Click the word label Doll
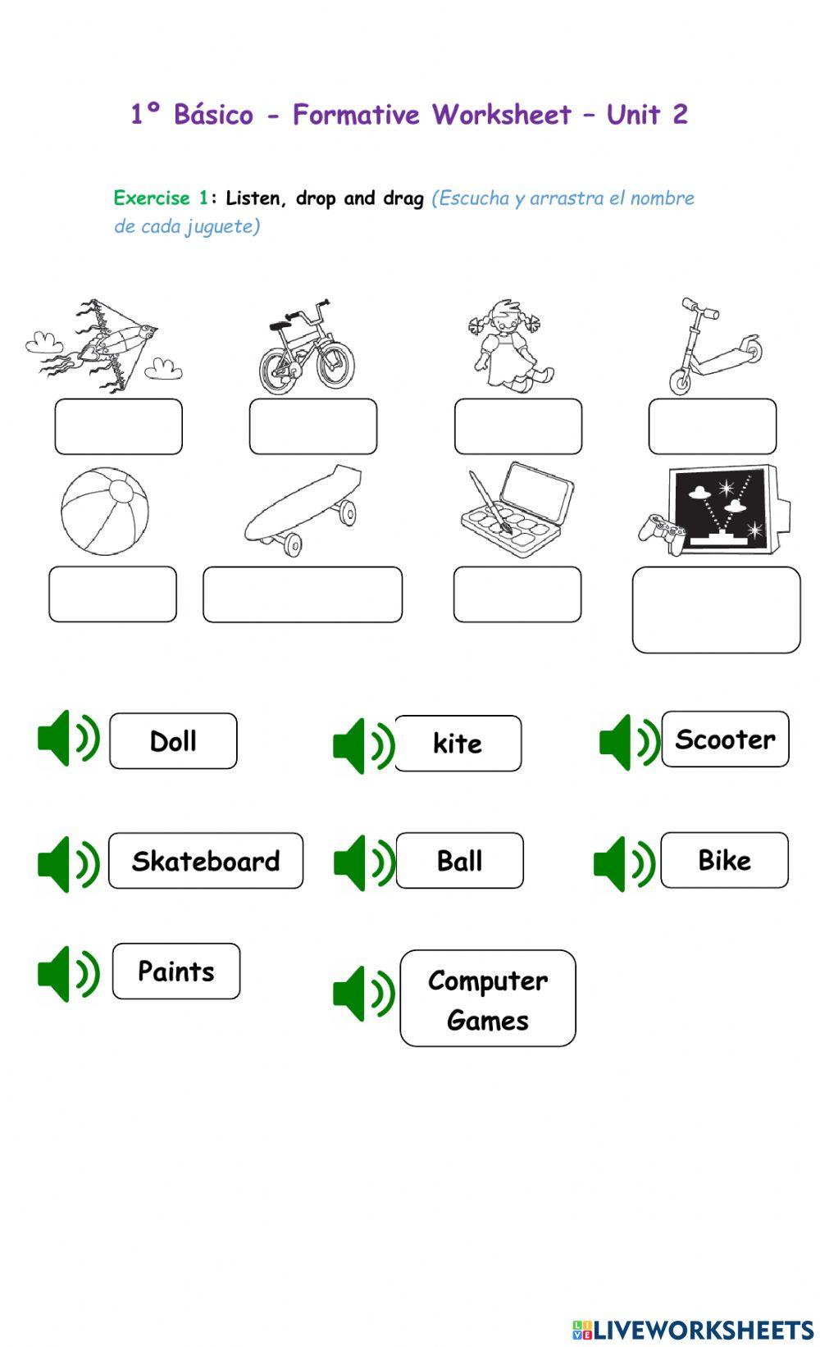tap(173, 741)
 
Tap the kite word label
tap(458, 744)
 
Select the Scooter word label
tap(725, 739)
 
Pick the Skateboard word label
tap(206, 861)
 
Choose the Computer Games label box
tap(488, 999)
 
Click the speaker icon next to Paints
tap(68, 974)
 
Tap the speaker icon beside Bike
tap(624, 863)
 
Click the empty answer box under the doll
tap(518, 426)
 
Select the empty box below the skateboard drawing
tap(303, 594)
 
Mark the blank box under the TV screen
tap(717, 610)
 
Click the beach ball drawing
tap(105, 511)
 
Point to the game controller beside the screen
tap(662, 534)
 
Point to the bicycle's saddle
tap(280, 325)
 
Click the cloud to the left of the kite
tap(44, 342)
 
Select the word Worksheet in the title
tap(502, 114)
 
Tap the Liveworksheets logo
tap(693, 1330)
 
